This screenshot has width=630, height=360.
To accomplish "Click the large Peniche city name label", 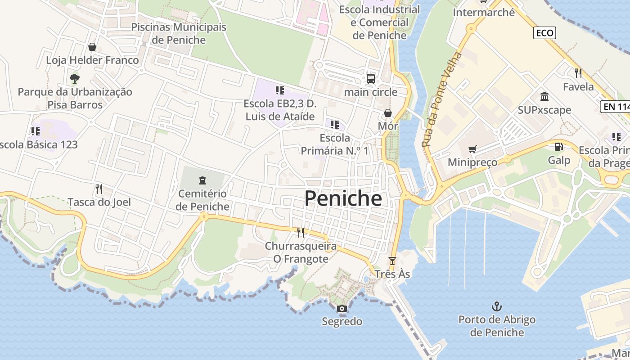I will (343, 198).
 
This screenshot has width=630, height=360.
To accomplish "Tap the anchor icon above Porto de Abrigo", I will (496, 307).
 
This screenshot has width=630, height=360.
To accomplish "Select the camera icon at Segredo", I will (342, 309).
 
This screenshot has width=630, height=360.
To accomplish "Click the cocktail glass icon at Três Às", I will (392, 261).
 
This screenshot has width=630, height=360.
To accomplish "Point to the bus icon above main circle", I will (371, 79).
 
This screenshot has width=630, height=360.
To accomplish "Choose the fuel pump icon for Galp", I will (558, 147).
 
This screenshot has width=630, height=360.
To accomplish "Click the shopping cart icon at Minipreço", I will (472, 149).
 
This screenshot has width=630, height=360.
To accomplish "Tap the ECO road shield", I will (544, 33).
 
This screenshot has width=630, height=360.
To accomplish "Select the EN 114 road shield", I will (615, 107).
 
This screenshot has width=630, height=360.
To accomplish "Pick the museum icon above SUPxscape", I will (544, 97).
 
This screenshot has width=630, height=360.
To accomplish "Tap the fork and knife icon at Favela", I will (578, 73).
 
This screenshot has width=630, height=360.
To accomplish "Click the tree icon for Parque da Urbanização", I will (75, 79).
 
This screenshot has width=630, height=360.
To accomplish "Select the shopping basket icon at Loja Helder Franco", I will (92, 47).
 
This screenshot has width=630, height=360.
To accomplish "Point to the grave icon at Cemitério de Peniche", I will (202, 180).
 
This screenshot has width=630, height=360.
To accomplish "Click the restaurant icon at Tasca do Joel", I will (99, 189).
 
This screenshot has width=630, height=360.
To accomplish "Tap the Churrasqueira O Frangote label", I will (301, 252).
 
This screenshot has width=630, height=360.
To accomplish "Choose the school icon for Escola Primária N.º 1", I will (334, 124).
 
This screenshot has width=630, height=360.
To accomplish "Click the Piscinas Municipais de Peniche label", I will (179, 33).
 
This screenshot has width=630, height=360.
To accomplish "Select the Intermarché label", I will (483, 13).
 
